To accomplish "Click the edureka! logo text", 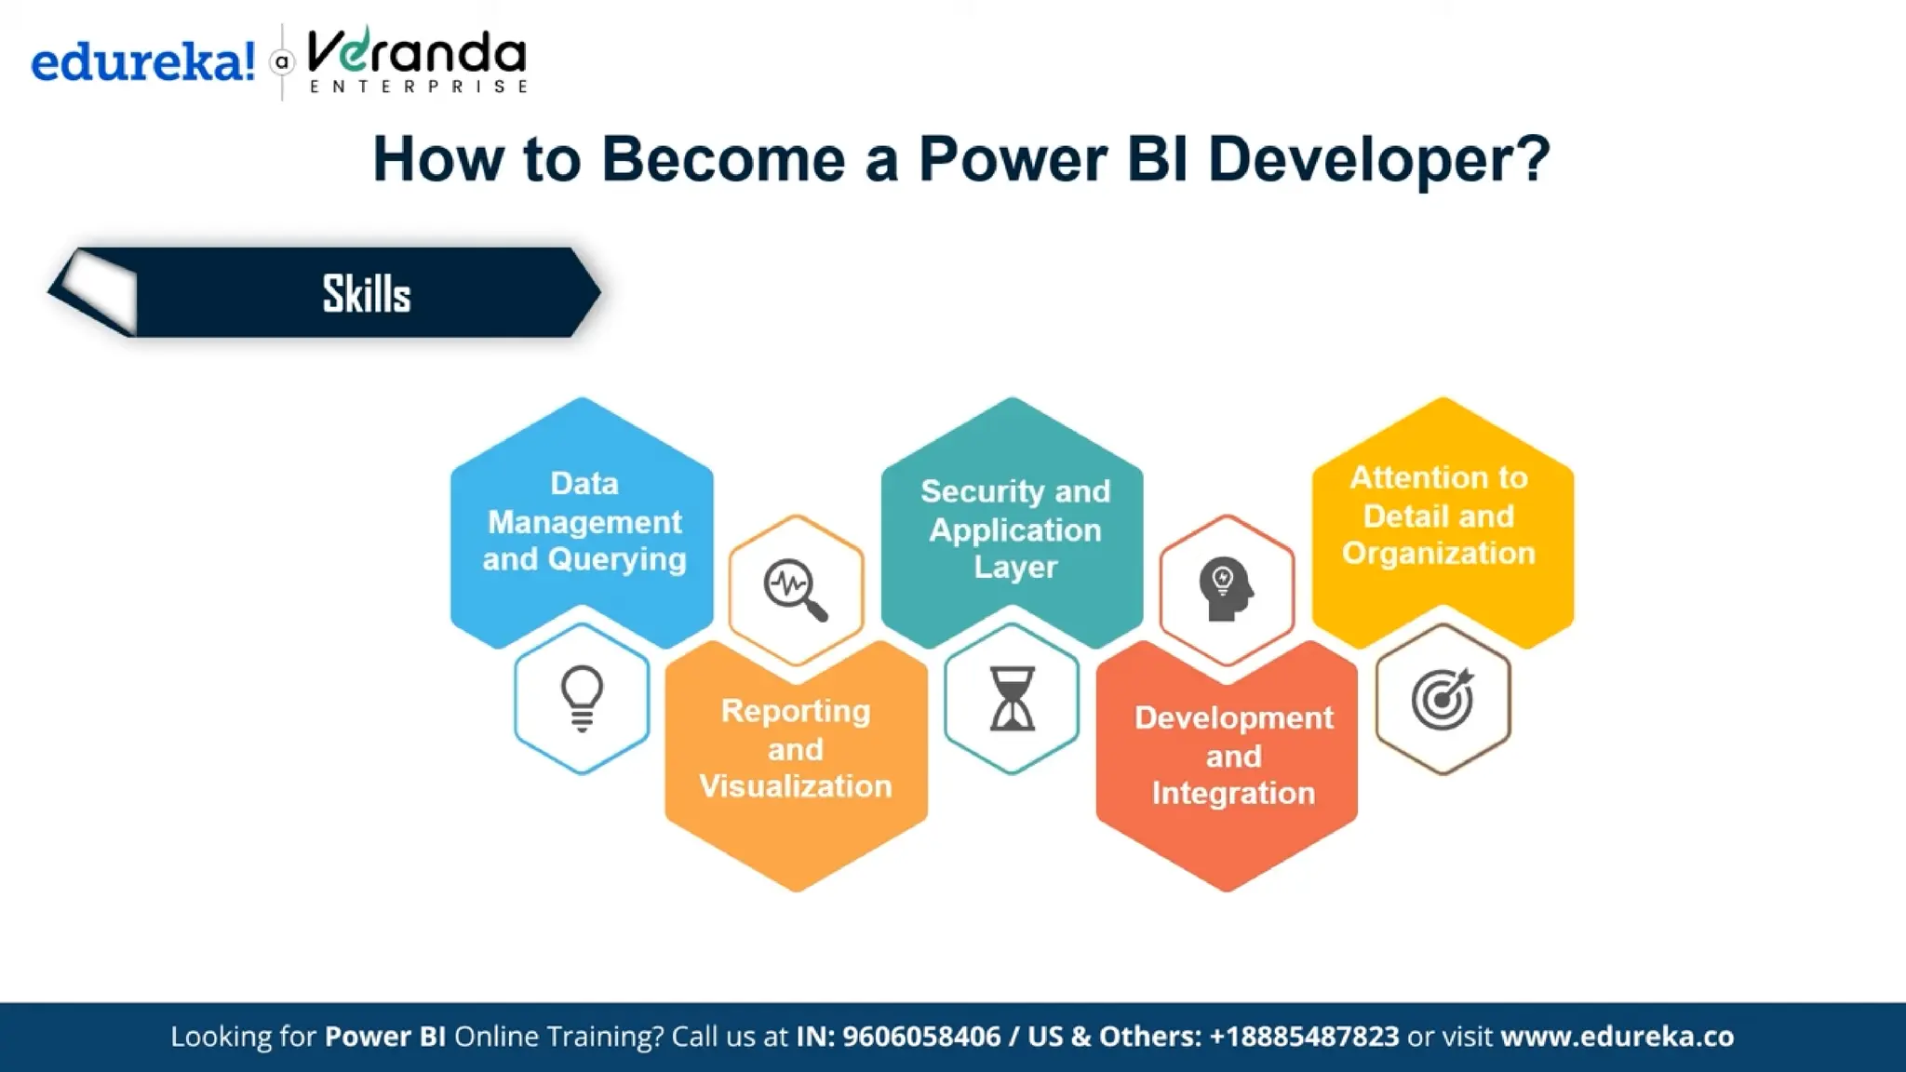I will click(142, 62).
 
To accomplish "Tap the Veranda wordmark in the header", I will click(416, 52).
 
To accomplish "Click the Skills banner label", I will click(366, 294).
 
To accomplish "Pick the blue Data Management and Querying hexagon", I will click(583, 521).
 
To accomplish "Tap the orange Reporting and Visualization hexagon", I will click(796, 749).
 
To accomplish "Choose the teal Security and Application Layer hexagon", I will click(1013, 528).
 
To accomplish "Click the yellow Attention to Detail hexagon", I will click(1440, 515).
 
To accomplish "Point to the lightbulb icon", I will click(583, 698).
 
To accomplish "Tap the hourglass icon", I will click(1012, 698).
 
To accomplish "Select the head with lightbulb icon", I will click(1226, 589).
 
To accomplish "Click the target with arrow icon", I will click(1442, 698).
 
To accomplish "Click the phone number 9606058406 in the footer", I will click(921, 1037).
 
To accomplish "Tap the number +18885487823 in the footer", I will click(1303, 1037).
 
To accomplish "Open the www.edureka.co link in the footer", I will click(1617, 1037).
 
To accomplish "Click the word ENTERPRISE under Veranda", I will click(419, 87).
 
